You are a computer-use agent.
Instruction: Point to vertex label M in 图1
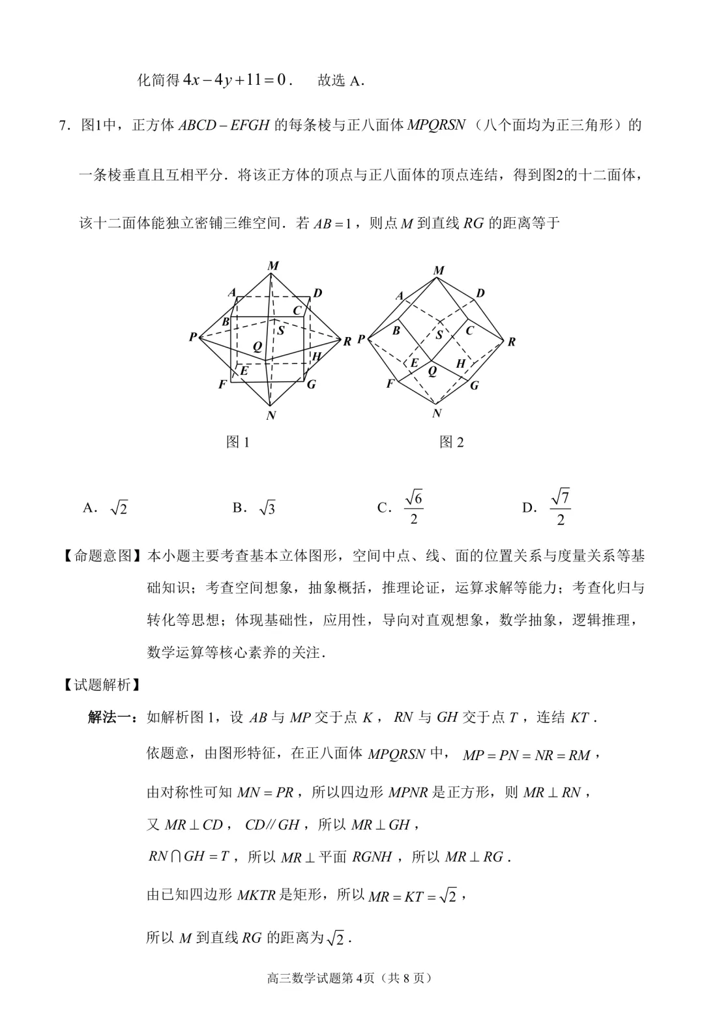(x=273, y=265)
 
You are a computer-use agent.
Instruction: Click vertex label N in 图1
(x=271, y=415)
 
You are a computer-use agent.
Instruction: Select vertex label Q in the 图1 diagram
(x=257, y=346)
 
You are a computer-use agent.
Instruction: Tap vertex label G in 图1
(x=311, y=384)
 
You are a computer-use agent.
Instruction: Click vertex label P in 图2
(x=360, y=339)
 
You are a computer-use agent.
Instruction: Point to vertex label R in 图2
(x=512, y=342)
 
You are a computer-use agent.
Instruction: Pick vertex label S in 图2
(x=439, y=335)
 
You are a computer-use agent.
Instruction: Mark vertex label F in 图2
(x=390, y=383)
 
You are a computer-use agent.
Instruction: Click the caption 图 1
(x=238, y=442)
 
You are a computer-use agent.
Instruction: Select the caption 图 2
(x=452, y=442)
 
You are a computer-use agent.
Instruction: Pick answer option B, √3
(x=254, y=508)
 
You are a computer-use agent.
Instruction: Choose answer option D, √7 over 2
(x=548, y=508)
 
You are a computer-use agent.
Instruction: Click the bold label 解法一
(x=111, y=718)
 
